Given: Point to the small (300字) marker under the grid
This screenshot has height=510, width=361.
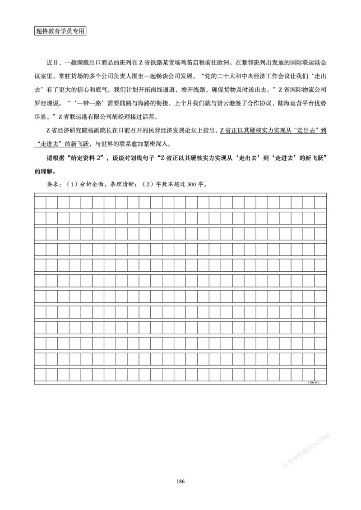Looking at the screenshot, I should (313, 382).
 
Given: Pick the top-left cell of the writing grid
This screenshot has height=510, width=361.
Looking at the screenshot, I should (40, 202).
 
